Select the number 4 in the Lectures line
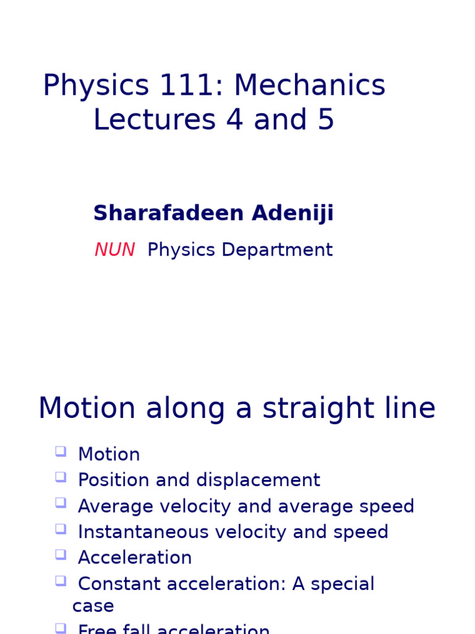[x=234, y=120]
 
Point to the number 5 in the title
[x=326, y=120]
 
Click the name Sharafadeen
[x=160, y=214]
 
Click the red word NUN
[x=114, y=250]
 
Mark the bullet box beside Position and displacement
[x=60, y=477]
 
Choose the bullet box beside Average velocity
[x=60, y=503]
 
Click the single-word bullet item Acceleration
[x=135, y=558]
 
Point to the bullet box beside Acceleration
[x=60, y=554]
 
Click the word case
[x=93, y=606]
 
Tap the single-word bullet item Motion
[x=109, y=454]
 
